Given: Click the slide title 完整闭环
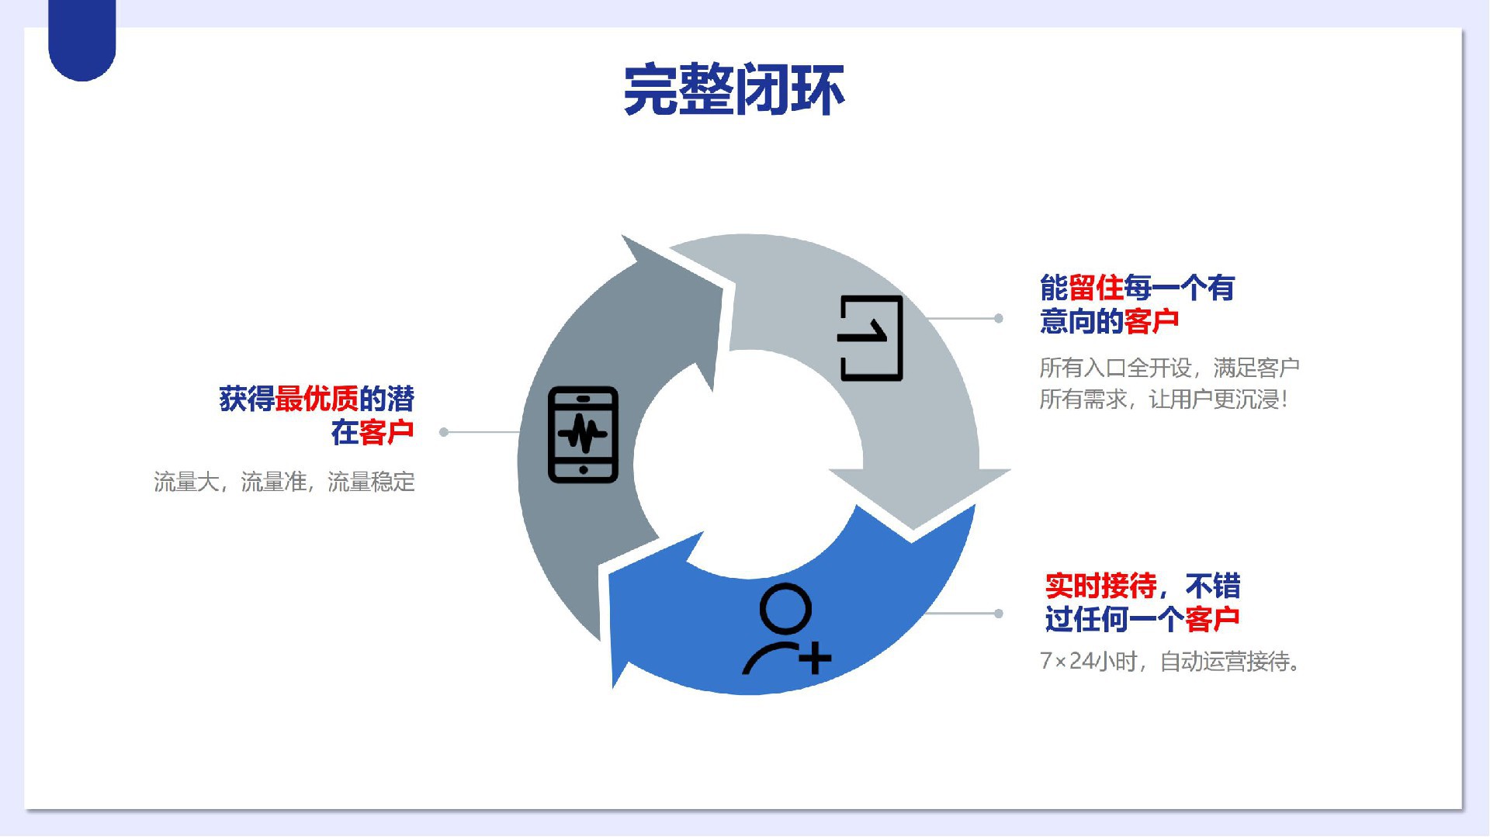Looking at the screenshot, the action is [733, 90].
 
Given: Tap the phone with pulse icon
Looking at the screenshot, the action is [584, 434].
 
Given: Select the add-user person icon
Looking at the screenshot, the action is [786, 629].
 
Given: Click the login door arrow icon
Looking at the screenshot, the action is [870, 338].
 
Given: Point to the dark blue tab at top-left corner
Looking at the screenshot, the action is [82, 39].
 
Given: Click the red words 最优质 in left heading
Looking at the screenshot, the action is [317, 399].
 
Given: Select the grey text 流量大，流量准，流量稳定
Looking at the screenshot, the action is [284, 482].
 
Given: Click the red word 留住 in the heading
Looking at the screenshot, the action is [1096, 288].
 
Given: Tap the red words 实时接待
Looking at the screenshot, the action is [1100, 586].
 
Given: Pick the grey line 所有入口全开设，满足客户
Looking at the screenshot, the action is [1169, 367].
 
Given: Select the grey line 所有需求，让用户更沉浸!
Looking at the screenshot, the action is [1164, 399].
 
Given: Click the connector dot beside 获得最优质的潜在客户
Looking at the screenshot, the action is [444, 432].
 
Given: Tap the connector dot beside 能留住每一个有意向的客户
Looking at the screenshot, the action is [999, 318].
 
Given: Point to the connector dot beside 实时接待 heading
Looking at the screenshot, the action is [999, 614].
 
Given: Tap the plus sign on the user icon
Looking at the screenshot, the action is [815, 659].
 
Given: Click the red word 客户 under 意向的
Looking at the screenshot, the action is [1152, 321].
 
